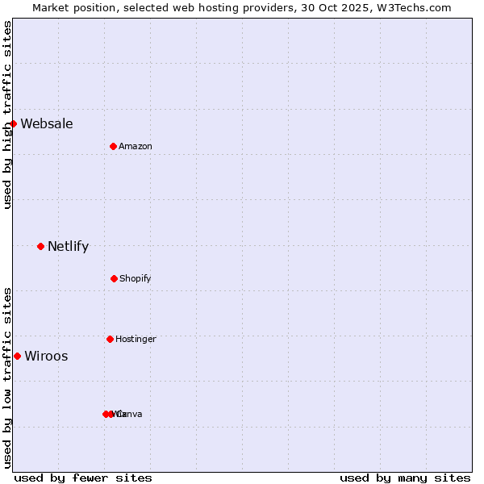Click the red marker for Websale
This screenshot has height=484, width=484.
[13, 123]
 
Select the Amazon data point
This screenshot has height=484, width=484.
[113, 146]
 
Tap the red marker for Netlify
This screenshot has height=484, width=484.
[40, 246]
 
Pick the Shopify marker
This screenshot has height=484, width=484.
[114, 278]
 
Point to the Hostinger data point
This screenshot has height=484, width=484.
[110, 339]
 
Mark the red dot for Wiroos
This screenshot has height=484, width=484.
[17, 356]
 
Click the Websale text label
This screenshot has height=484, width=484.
[47, 123]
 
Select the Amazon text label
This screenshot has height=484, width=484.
[136, 146]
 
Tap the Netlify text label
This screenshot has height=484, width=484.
[68, 246]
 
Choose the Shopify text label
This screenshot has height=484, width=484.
[136, 278]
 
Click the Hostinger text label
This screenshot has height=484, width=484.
[136, 339]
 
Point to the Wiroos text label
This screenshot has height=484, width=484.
[46, 356]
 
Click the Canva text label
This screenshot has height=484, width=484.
[130, 414]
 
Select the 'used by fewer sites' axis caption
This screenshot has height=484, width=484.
[83, 478]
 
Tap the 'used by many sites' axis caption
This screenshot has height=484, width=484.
[405, 478]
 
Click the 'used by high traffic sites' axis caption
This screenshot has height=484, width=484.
[7, 115]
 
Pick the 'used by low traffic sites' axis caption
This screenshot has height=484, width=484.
[7, 378]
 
